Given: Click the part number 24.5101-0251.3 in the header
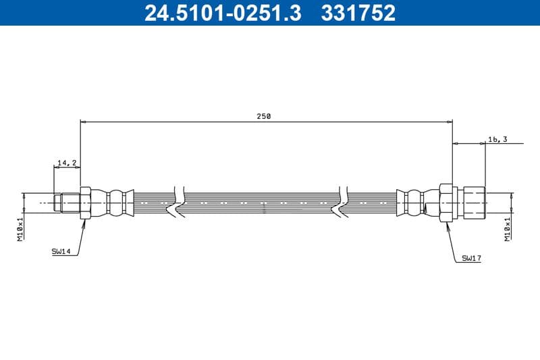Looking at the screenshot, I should (x=223, y=12).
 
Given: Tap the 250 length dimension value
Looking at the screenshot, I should (x=263, y=116).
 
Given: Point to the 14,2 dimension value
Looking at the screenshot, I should (x=67, y=163).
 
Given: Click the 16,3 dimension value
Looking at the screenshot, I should (x=497, y=139).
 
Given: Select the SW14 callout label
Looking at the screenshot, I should (x=61, y=251).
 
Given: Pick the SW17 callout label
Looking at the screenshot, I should (x=471, y=258).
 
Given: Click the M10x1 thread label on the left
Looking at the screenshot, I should (x=20, y=228).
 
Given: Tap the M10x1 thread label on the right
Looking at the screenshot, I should (x=506, y=228).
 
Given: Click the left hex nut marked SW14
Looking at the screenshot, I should (x=85, y=202).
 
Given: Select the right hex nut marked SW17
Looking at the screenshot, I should (x=446, y=202).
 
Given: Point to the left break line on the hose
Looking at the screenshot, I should (x=179, y=202).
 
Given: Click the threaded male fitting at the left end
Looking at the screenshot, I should (x=67, y=202).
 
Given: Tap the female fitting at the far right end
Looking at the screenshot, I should (x=473, y=202).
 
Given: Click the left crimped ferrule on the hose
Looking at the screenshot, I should (x=116, y=202).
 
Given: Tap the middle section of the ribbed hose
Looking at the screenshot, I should (x=263, y=202).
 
